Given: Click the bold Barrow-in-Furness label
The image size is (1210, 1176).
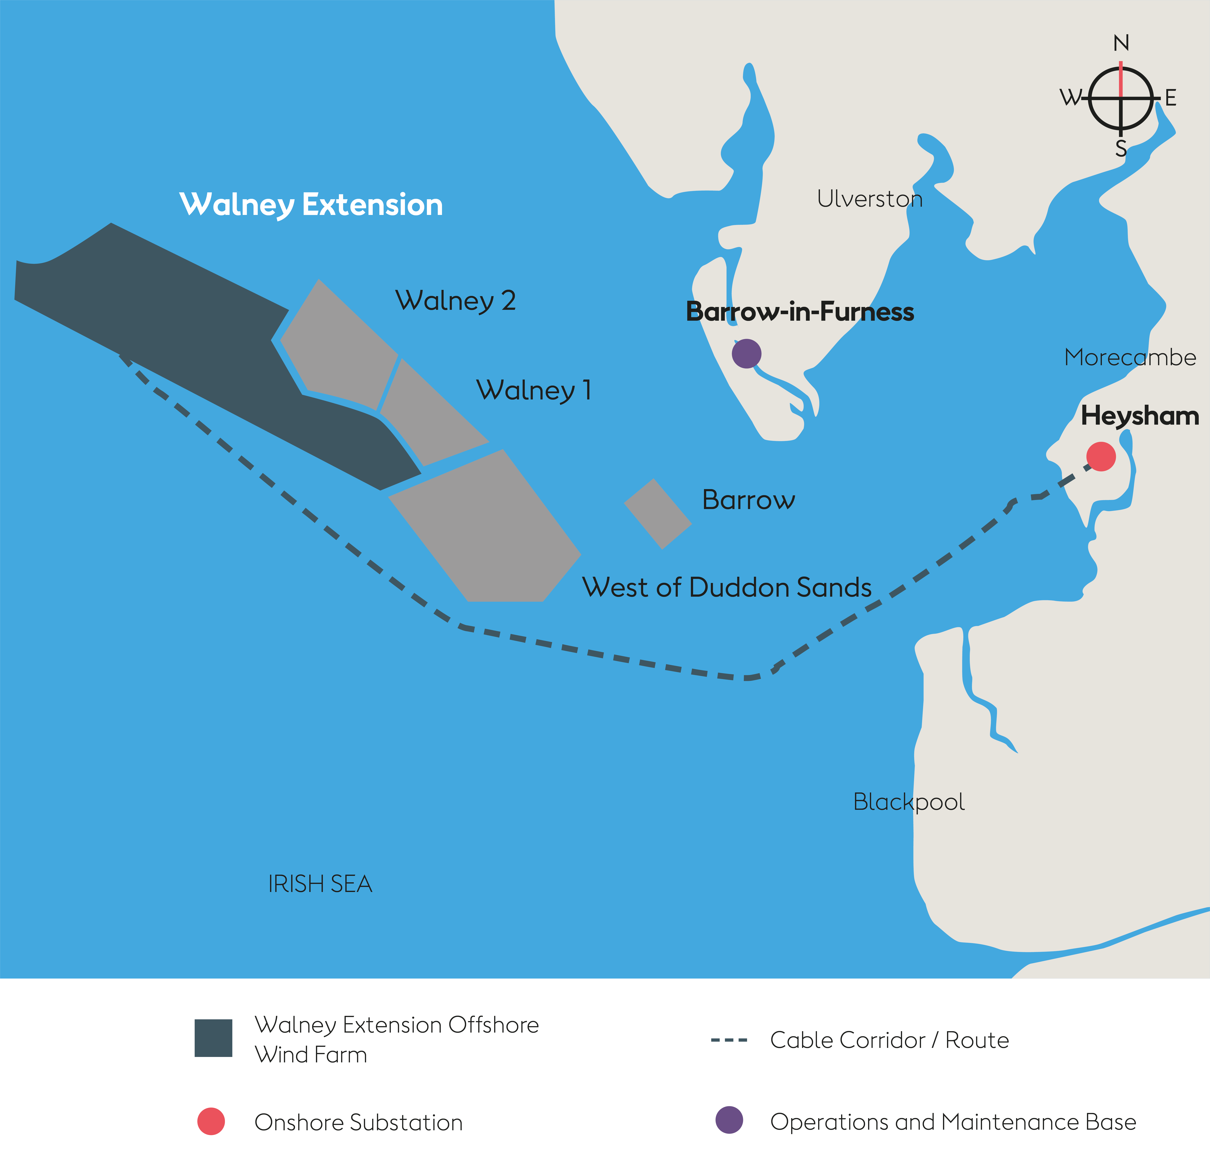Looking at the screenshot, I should tap(799, 312).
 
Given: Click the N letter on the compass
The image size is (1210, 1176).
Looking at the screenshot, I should tap(1121, 43).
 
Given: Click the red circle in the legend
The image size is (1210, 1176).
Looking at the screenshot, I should tap(210, 1121).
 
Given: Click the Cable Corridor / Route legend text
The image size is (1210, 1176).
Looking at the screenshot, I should tap(889, 1040).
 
